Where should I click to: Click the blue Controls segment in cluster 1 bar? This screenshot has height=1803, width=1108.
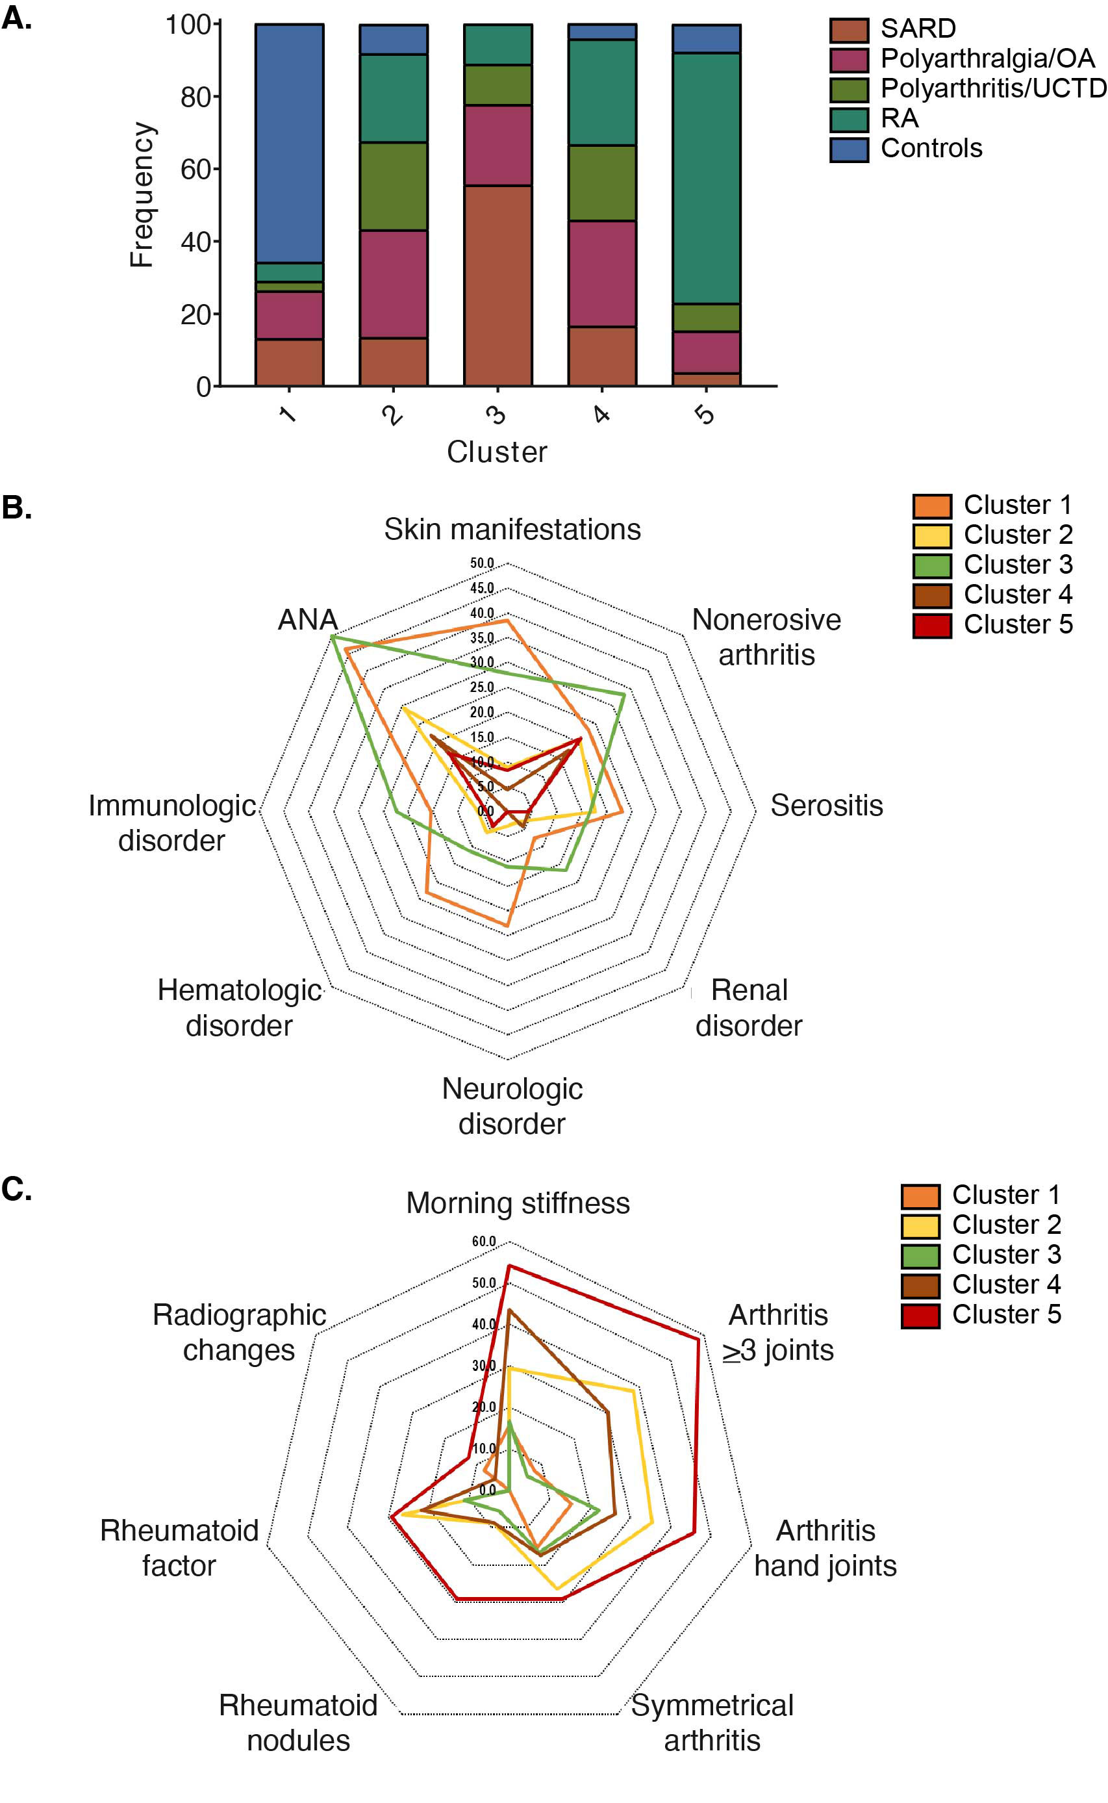[290, 143]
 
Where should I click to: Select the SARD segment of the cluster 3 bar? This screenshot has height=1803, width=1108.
[497, 286]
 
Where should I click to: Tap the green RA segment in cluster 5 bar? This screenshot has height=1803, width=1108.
[707, 178]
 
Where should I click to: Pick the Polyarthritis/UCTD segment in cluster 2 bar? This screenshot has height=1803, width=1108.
[394, 186]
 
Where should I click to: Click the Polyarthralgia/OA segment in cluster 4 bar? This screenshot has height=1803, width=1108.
[601, 274]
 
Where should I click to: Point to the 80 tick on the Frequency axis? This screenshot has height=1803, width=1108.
[195, 97]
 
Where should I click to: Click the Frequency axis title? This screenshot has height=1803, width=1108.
[142, 194]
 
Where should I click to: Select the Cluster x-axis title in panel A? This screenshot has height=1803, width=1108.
[497, 452]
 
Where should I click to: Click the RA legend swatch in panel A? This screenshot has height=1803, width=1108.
[849, 119]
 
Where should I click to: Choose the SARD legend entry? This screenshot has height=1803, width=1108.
[918, 29]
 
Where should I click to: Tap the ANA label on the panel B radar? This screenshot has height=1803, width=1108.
[308, 620]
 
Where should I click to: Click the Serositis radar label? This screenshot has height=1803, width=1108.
[826, 806]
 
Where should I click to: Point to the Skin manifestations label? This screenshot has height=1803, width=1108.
[512, 529]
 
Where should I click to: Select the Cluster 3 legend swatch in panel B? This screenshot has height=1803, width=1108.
[931, 565]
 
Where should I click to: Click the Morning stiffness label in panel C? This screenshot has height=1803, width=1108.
[518, 1203]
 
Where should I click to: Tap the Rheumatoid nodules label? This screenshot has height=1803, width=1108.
[298, 1722]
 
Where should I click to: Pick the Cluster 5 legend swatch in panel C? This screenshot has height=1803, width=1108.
[920, 1315]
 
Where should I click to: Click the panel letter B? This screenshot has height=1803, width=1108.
[16, 507]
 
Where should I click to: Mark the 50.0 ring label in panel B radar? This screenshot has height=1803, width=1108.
[482, 563]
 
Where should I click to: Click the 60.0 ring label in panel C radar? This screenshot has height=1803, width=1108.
[484, 1242]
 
